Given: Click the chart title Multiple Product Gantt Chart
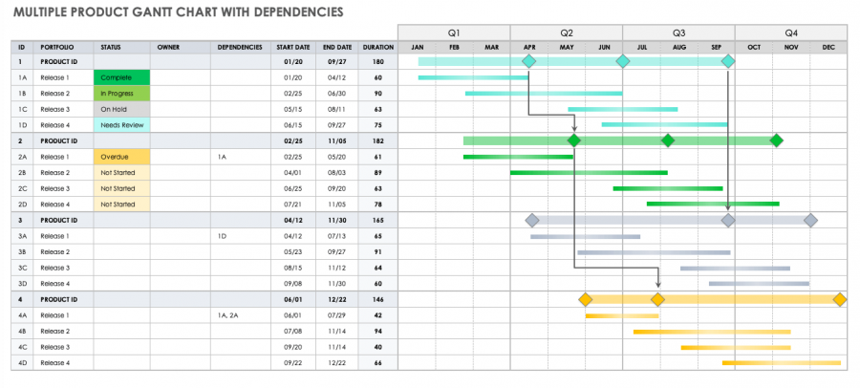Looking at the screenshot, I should coord(178,11).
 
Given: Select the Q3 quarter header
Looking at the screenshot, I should coord(678,32).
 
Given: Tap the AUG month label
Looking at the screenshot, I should coord(678,47).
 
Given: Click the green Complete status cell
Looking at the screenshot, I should coord(121,77).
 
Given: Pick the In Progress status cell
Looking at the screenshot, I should coord(121,94).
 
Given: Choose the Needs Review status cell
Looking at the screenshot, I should coord(121,125).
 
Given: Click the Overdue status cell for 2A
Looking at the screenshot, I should coord(121,157).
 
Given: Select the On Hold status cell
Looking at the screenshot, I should coord(121,109).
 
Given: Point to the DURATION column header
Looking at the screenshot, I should coord(377,47).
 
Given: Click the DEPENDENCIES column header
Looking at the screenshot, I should coord(240,47).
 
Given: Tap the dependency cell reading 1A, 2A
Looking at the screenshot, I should coord(227,315).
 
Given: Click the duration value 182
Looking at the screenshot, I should coord(378,140).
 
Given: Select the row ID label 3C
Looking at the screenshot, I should coord(22,268).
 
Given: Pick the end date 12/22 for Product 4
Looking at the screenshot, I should coord(337,299).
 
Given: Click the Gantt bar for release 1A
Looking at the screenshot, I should coord(459,77).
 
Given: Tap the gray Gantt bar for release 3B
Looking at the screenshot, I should coord(654,252).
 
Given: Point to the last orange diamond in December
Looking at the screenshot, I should coord(840,300).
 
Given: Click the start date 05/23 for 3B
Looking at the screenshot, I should coord(292,252).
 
